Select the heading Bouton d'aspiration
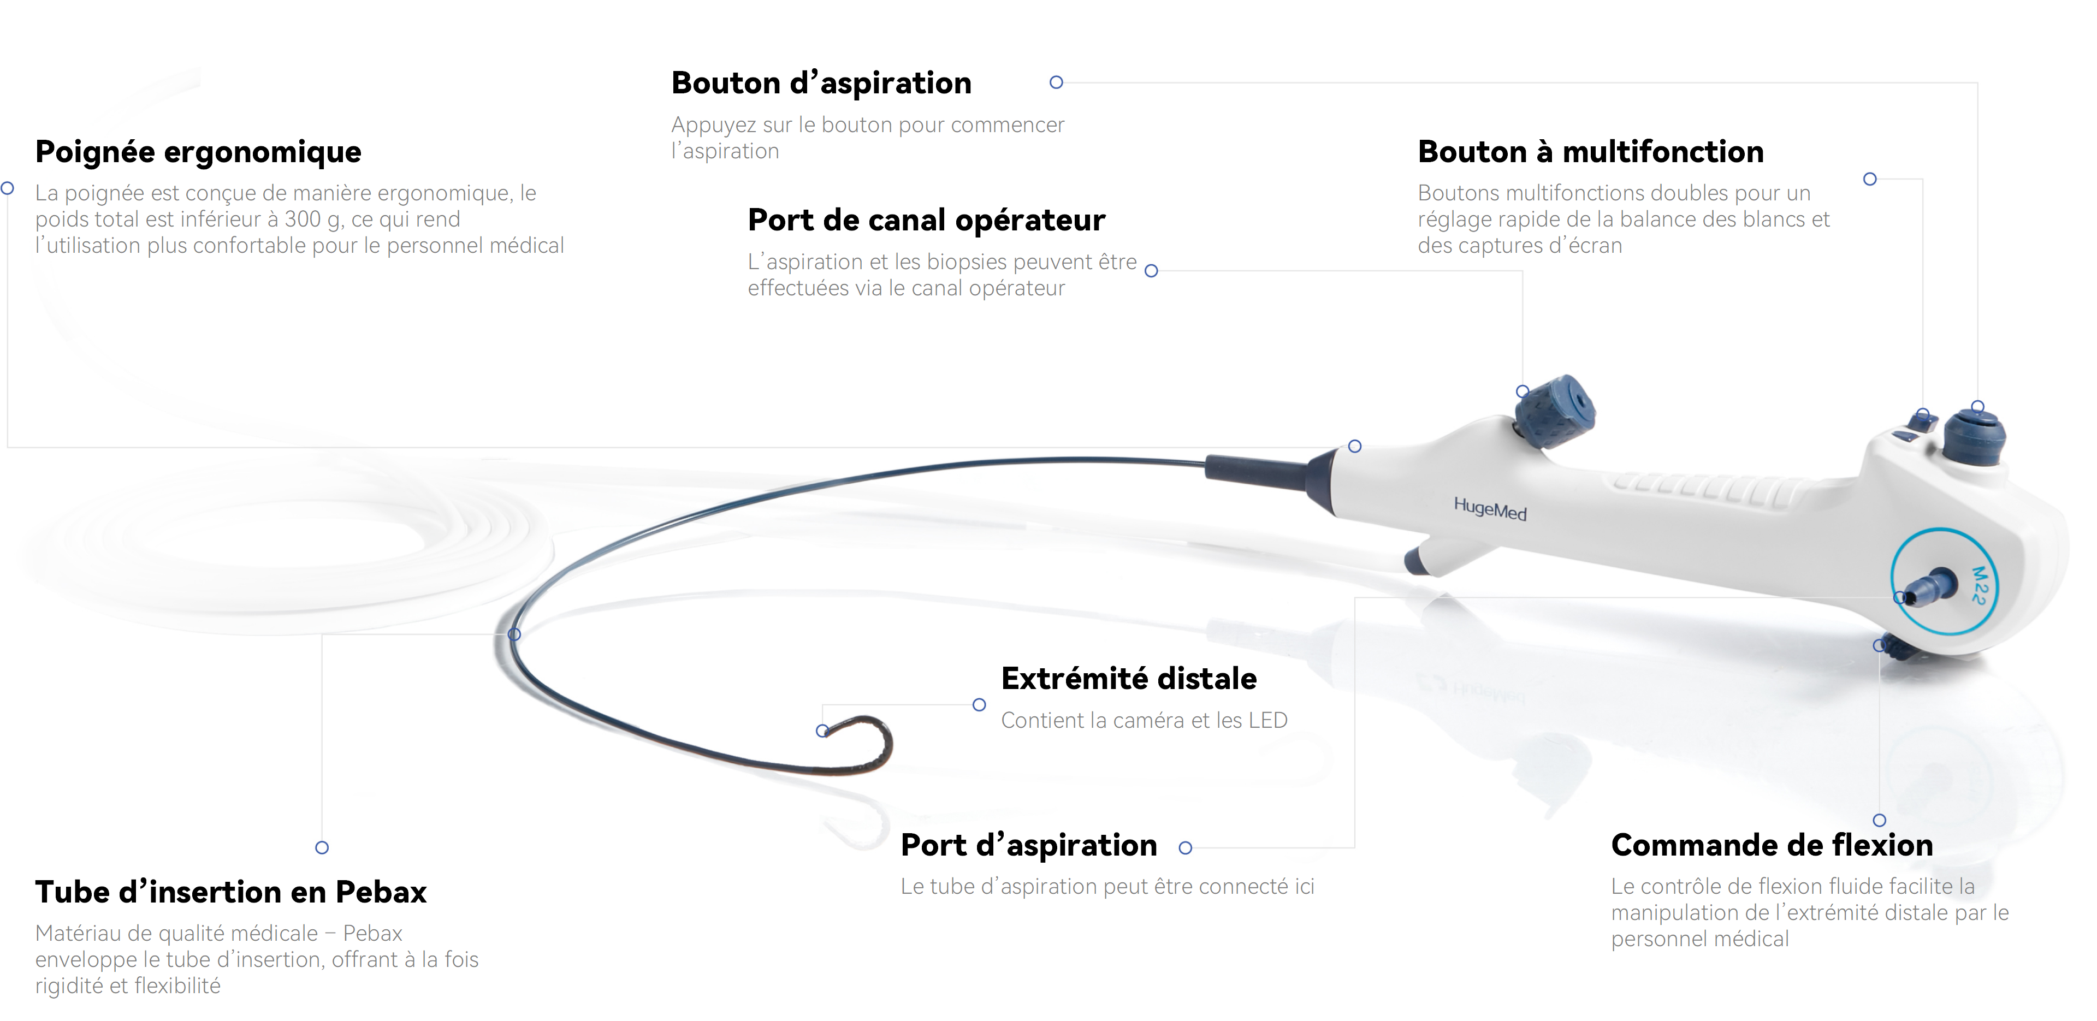coord(821,83)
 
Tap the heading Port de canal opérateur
coord(926,220)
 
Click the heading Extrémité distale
coord(1129,678)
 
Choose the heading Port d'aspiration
coord(1029,845)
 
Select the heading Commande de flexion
coord(1772,845)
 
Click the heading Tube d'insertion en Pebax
coord(231,892)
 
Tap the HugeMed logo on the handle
coord(1490,509)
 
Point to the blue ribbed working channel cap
coord(1554,411)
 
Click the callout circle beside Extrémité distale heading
coord(979,705)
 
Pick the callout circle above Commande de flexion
coord(1880,820)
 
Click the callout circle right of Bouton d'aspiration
coord(1057,82)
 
